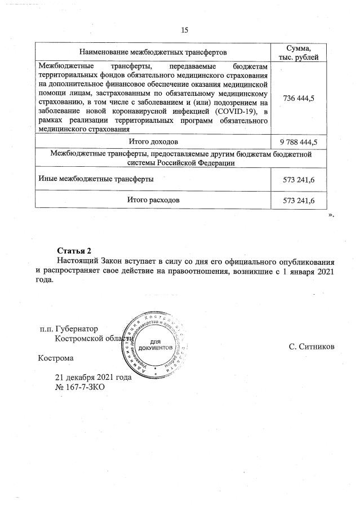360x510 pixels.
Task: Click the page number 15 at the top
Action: (x=184, y=30)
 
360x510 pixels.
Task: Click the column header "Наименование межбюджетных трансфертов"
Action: (x=153, y=52)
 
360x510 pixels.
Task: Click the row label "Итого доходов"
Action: (x=153, y=140)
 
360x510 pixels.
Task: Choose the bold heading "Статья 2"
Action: (x=74, y=251)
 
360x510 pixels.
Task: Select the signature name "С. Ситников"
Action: (x=312, y=346)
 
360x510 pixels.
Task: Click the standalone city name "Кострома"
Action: (x=55, y=357)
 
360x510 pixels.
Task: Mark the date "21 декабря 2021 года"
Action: (x=93, y=378)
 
